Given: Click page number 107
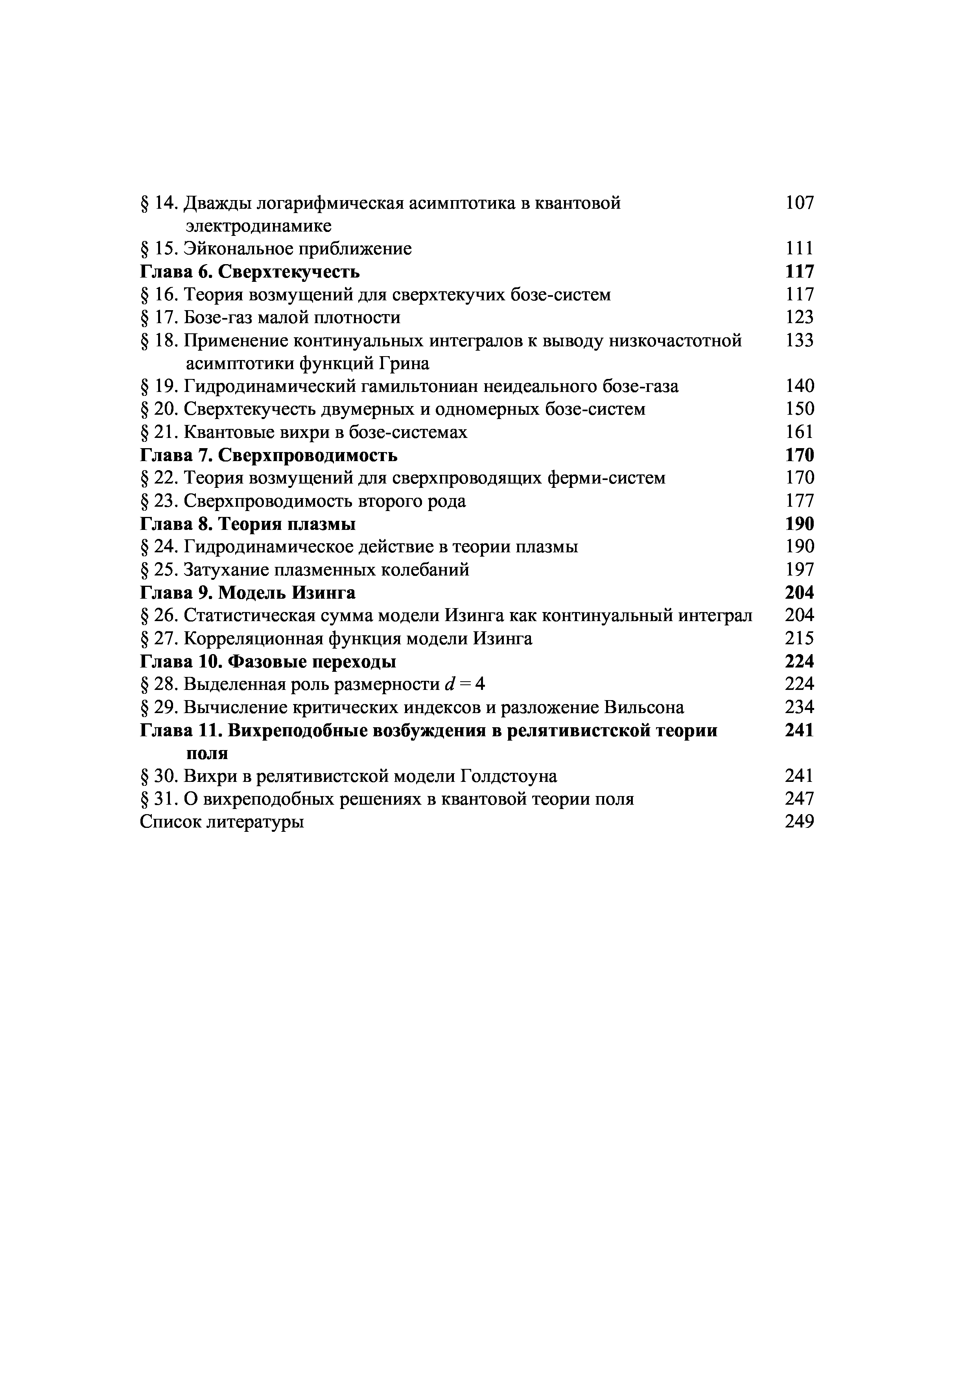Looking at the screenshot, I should [800, 203].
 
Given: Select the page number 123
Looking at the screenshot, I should [800, 317].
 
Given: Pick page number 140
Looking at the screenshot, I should [800, 386].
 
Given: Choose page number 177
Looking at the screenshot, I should [800, 501].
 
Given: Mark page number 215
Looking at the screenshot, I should [800, 638].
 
